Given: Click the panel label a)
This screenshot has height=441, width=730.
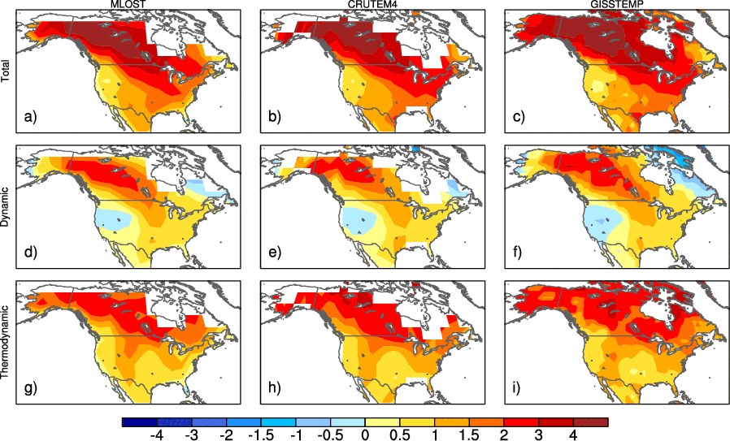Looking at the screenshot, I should pos(30,117).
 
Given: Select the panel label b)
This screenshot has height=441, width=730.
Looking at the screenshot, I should pos(275,117).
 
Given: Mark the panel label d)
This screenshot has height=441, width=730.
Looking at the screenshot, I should pos(30,253).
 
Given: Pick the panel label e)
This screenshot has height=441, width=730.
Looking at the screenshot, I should pos(275,253).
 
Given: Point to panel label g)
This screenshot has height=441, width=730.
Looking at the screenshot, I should pos(30,388).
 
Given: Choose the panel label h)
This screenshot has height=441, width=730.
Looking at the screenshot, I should pos(275,388).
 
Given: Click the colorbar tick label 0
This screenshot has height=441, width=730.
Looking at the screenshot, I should pos(365,435).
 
